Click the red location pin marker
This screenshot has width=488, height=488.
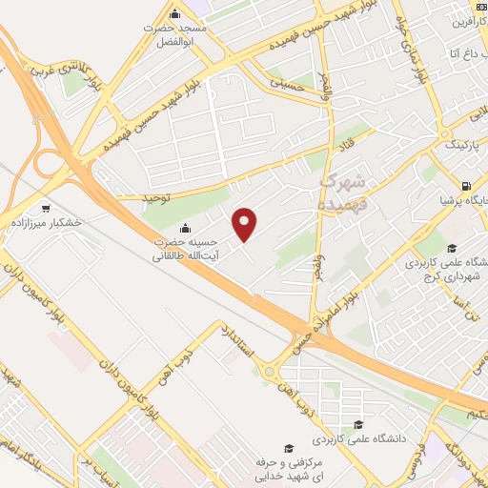tap(245, 223)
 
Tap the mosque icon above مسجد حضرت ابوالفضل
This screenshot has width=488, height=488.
tap(173, 14)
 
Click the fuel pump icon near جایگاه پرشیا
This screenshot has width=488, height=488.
tap(464, 186)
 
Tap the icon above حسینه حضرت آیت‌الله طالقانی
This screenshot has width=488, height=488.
tap(184, 228)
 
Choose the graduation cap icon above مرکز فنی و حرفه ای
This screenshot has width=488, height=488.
tap(286, 448)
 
